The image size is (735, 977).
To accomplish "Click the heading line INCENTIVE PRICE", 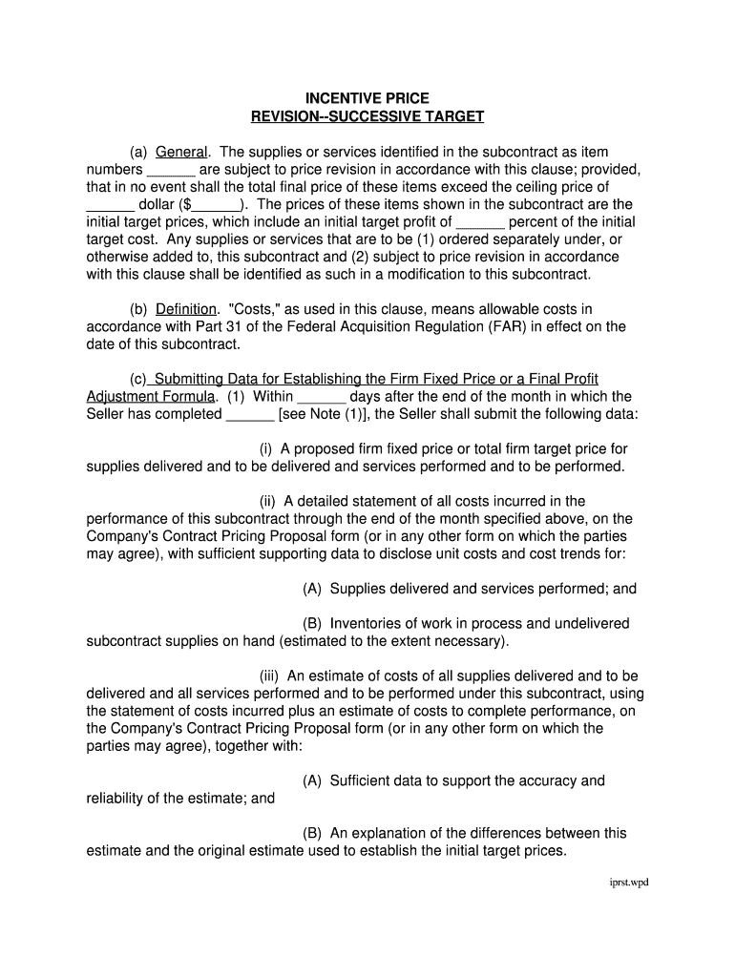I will tap(367, 98).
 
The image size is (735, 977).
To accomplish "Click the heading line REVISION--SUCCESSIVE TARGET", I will tap(367, 116).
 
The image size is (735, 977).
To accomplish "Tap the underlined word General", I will tap(180, 153).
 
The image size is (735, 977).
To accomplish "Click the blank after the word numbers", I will tap(172, 170).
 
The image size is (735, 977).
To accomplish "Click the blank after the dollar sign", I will tap(217, 205).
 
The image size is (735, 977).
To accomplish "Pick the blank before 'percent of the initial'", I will tap(480, 222).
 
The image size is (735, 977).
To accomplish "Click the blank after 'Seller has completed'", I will tap(250, 414).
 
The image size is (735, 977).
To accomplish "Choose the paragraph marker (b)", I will tap(140, 309).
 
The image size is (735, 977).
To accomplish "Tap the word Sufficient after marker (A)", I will tap(361, 781).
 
